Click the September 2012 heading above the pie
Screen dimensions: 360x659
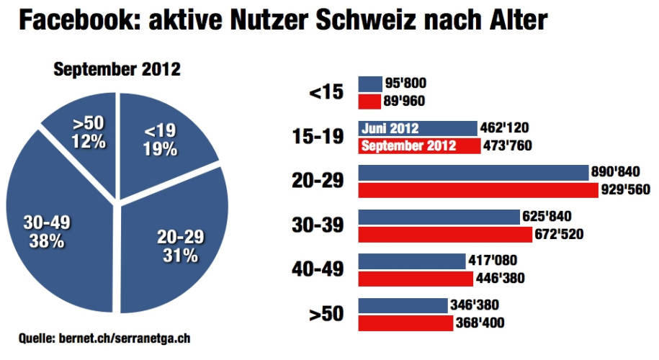point(117,70)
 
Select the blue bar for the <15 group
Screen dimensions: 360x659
point(370,84)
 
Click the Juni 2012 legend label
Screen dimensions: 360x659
point(391,128)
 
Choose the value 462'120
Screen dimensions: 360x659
point(505,128)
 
